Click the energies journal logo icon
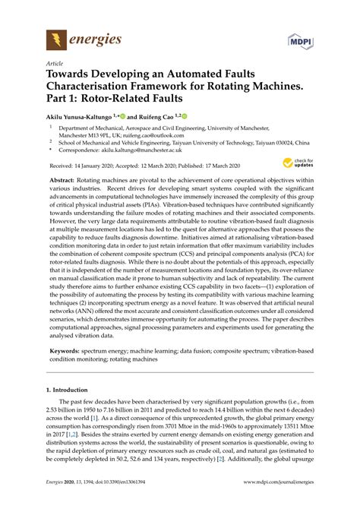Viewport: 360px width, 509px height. point(55,39)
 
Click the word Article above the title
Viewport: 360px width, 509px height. point(55,63)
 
